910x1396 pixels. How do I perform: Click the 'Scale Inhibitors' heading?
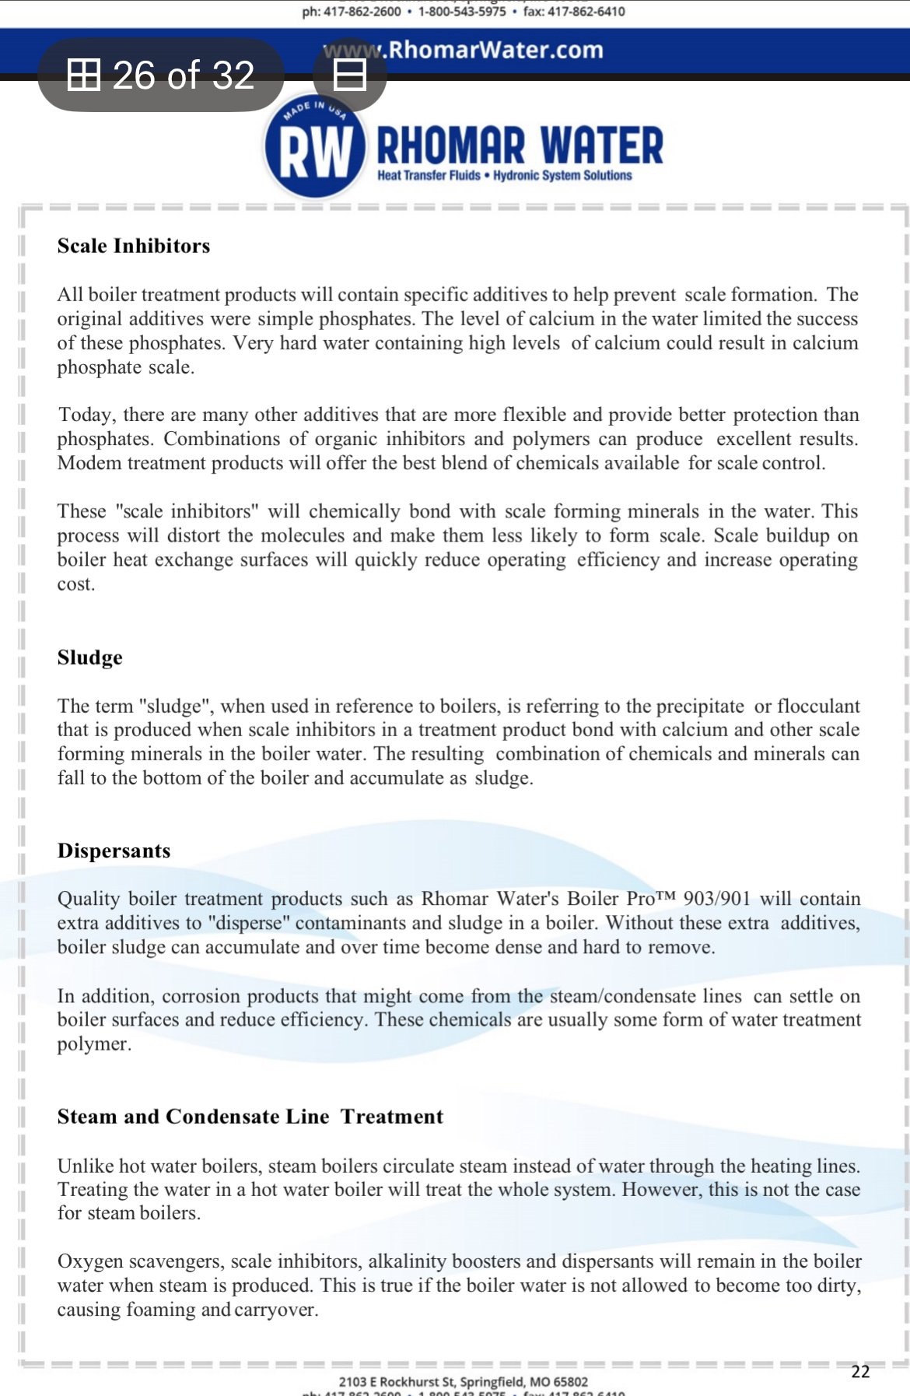[x=134, y=246]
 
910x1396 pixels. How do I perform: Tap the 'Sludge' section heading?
[x=90, y=658]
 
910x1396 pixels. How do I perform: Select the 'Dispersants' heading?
[x=114, y=851]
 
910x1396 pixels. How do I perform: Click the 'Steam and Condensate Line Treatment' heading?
[x=250, y=1117]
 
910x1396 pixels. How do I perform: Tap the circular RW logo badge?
[x=315, y=148]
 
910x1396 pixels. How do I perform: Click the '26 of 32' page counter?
[x=162, y=75]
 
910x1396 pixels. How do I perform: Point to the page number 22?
[x=860, y=1371]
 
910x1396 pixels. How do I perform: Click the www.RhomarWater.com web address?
[x=464, y=50]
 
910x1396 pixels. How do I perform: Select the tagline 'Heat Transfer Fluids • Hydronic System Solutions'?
[x=505, y=176]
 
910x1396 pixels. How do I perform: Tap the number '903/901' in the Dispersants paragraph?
[x=717, y=899]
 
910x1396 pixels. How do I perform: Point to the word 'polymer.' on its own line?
[x=94, y=1043]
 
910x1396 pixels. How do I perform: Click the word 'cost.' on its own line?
[x=76, y=584]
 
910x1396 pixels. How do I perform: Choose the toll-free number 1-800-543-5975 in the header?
[x=462, y=12]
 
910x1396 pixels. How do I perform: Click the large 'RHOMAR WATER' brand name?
[x=520, y=146]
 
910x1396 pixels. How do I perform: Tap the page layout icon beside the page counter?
[x=350, y=75]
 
